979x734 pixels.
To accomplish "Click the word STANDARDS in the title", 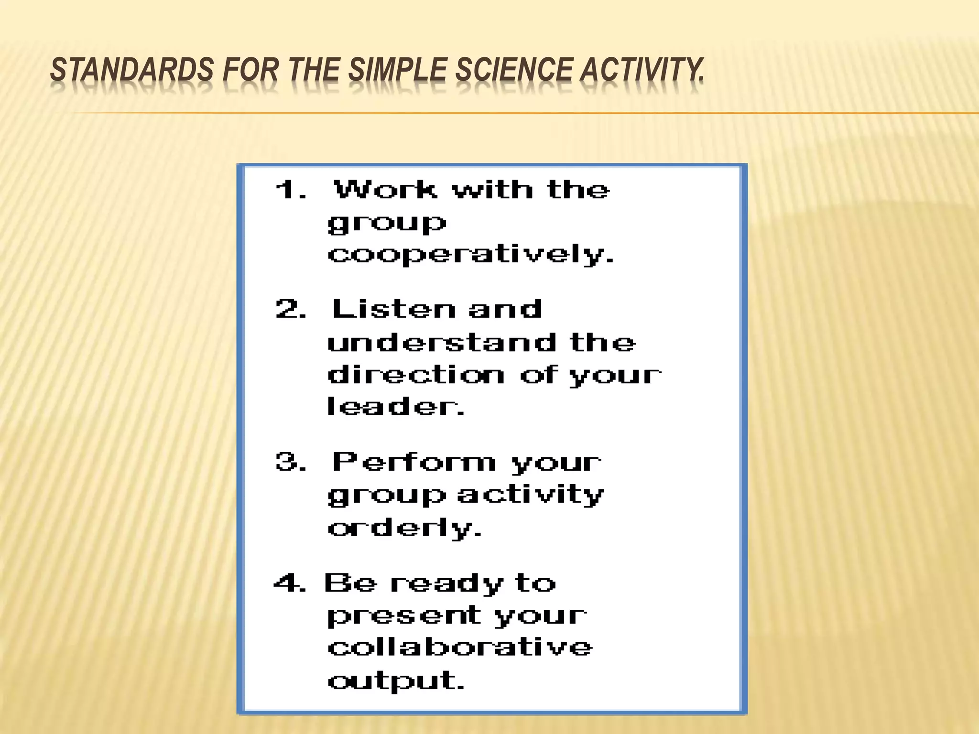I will point(132,70).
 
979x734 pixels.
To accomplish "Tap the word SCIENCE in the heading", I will point(514,70).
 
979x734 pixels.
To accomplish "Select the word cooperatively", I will point(470,254).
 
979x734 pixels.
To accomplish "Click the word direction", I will point(416,375).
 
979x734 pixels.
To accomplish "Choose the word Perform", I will point(414,462).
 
